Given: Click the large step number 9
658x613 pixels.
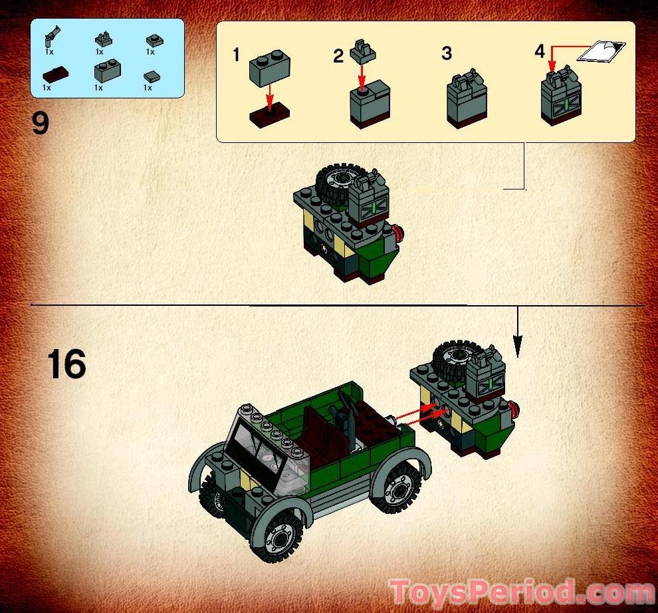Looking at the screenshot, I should pyautogui.click(x=41, y=124).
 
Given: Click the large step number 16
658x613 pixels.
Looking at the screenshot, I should pyautogui.click(x=66, y=365).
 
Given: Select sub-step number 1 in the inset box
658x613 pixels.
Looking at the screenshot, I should pyautogui.click(x=236, y=55).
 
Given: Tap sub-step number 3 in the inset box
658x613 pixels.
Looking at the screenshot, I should pyautogui.click(x=447, y=53).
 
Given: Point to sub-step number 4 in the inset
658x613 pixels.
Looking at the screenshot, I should pyautogui.click(x=540, y=51).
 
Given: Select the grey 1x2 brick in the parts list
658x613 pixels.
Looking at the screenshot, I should pyautogui.click(x=106, y=70).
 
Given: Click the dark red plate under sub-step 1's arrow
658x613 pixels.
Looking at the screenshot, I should pyautogui.click(x=270, y=116).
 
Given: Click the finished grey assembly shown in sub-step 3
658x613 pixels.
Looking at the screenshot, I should pyautogui.click(x=467, y=100).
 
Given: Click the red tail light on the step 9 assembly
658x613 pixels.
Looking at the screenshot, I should pyautogui.click(x=399, y=233).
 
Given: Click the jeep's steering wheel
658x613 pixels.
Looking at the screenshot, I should pyautogui.click(x=346, y=404).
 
